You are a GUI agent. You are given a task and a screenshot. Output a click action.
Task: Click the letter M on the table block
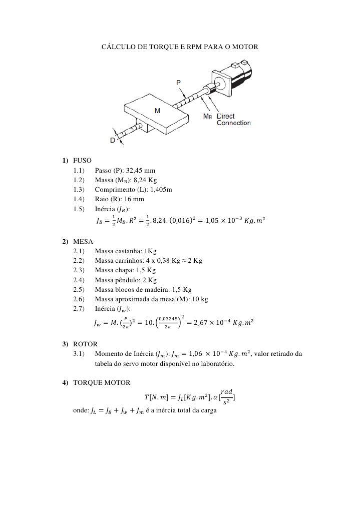(157, 111)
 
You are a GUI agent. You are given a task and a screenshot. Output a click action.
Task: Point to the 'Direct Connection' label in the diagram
(233, 120)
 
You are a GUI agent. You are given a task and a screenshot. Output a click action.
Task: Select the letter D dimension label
(113, 141)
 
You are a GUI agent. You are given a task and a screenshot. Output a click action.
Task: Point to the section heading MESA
(83, 241)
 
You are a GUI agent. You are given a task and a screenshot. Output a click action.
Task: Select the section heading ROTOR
(85, 344)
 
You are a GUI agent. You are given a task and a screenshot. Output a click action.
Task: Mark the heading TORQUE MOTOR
(102, 383)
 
